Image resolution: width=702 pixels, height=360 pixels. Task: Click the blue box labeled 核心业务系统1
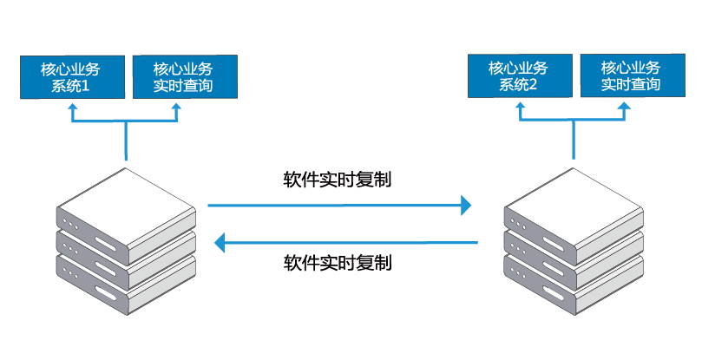pyautogui.click(x=73, y=77)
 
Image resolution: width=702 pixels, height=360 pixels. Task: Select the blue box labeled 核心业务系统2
pyautogui.click(x=520, y=75)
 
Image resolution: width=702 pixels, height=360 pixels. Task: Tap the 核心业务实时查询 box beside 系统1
pyautogui.click(x=185, y=77)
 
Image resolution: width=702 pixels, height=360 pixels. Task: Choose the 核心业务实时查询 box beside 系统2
pyautogui.click(x=633, y=75)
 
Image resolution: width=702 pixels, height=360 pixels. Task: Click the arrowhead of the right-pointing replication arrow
pyautogui.click(x=467, y=206)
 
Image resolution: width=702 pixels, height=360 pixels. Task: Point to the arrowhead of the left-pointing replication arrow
pyautogui.click(x=220, y=243)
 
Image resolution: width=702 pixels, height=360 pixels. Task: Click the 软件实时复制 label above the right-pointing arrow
pyautogui.click(x=338, y=180)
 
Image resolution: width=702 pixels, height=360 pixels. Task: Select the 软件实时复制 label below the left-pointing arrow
pyautogui.click(x=338, y=262)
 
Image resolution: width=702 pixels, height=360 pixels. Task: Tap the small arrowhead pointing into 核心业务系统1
pyautogui.click(x=73, y=108)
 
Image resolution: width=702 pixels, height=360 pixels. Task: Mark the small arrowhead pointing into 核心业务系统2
pyautogui.click(x=521, y=106)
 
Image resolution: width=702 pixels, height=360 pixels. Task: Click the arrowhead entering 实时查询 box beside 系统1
pyautogui.click(x=177, y=108)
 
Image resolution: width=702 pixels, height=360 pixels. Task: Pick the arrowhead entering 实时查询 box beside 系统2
pyautogui.click(x=625, y=106)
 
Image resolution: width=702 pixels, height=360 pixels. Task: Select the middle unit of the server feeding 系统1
pyautogui.click(x=126, y=258)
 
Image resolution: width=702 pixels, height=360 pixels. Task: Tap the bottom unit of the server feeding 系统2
pyautogui.click(x=574, y=284)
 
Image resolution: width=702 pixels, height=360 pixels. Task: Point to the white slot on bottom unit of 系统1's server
pyautogui.click(x=105, y=295)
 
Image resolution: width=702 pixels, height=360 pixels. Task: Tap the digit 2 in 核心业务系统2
pyautogui.click(x=532, y=85)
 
